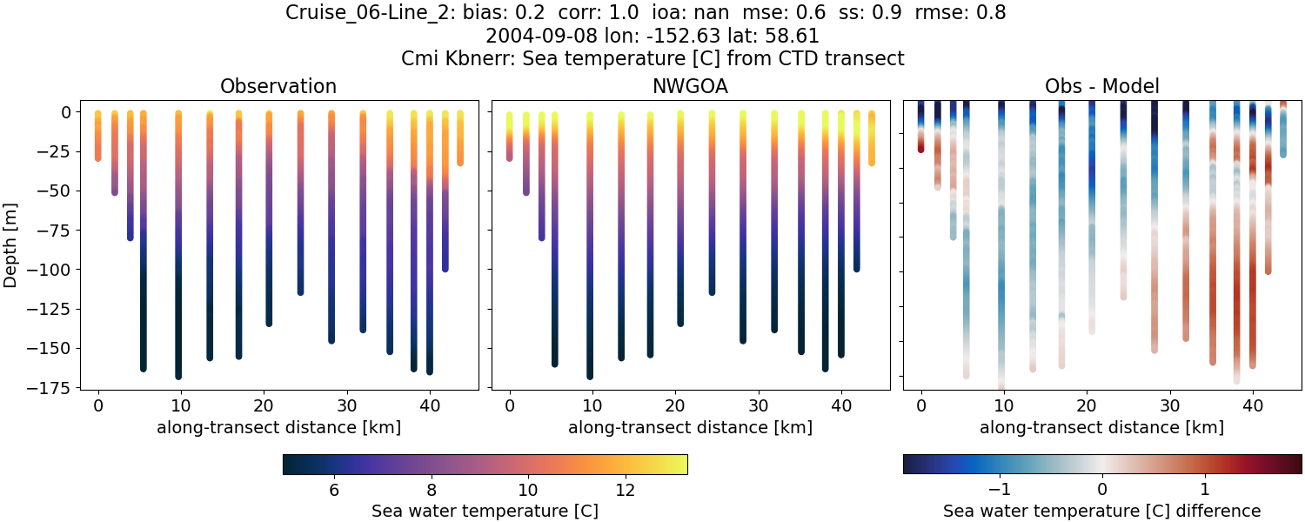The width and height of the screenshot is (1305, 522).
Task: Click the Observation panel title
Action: point(278,86)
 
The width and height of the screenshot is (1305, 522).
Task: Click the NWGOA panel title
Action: point(690,86)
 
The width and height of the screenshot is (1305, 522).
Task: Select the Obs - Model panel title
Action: point(1101,86)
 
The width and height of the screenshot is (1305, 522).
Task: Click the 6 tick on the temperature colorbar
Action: point(334,491)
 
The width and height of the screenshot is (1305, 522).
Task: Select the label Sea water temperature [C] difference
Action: point(1101,511)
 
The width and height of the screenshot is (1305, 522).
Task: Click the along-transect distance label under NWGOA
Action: point(690,427)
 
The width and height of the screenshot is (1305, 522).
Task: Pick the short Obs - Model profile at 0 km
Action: point(920,130)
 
